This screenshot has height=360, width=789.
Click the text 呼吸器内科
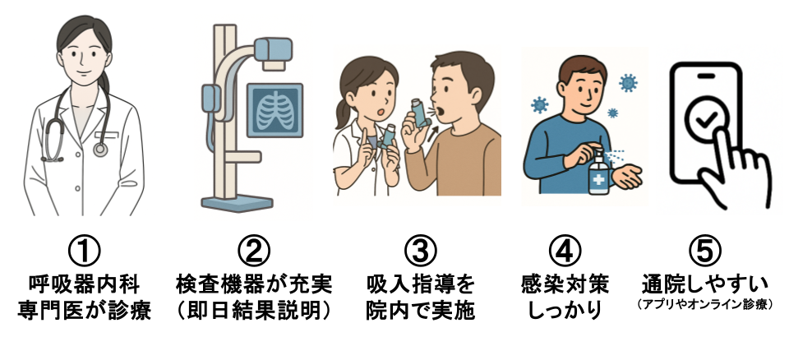pyautogui.click(x=85, y=285)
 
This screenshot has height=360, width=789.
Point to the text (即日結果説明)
pyautogui.click(x=254, y=311)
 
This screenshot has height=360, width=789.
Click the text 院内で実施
pyautogui.click(x=421, y=311)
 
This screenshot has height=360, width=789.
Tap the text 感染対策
pyautogui.click(x=565, y=285)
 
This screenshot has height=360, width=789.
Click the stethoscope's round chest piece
pyautogui.click(x=100, y=149)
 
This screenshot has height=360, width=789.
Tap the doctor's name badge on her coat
pyautogui.click(x=107, y=134)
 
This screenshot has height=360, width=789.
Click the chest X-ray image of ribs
pyautogui.click(x=275, y=111)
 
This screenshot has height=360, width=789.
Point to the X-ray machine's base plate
pyautogui.click(x=237, y=203)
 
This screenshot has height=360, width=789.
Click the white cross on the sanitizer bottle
pyautogui.click(x=599, y=180)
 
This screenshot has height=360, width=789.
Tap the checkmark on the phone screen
pyautogui.click(x=707, y=120)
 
